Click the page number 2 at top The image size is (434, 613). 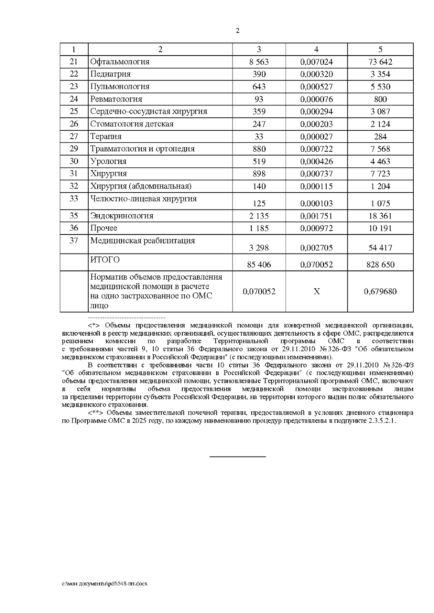[237, 31]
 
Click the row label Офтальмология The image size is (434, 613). [120, 62]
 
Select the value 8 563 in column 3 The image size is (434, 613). [259, 62]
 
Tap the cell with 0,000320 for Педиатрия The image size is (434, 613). [316, 74]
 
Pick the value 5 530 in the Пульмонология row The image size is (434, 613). [380, 87]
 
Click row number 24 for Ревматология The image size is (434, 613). [74, 99]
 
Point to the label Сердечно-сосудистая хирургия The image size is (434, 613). [149, 111]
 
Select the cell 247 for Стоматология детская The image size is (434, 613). [259, 124]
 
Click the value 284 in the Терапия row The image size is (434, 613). [380, 137]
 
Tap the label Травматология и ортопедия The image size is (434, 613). [142, 149]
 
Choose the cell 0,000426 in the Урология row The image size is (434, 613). [316, 161]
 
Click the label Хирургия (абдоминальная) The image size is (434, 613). [141, 186]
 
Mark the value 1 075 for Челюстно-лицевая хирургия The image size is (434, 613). [380, 203]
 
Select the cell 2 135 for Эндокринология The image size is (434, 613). [259, 216]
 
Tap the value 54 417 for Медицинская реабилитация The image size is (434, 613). [380, 248]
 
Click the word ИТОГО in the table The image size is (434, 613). [105, 260]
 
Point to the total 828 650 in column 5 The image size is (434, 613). [380, 265]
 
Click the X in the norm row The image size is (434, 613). [316, 292]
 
